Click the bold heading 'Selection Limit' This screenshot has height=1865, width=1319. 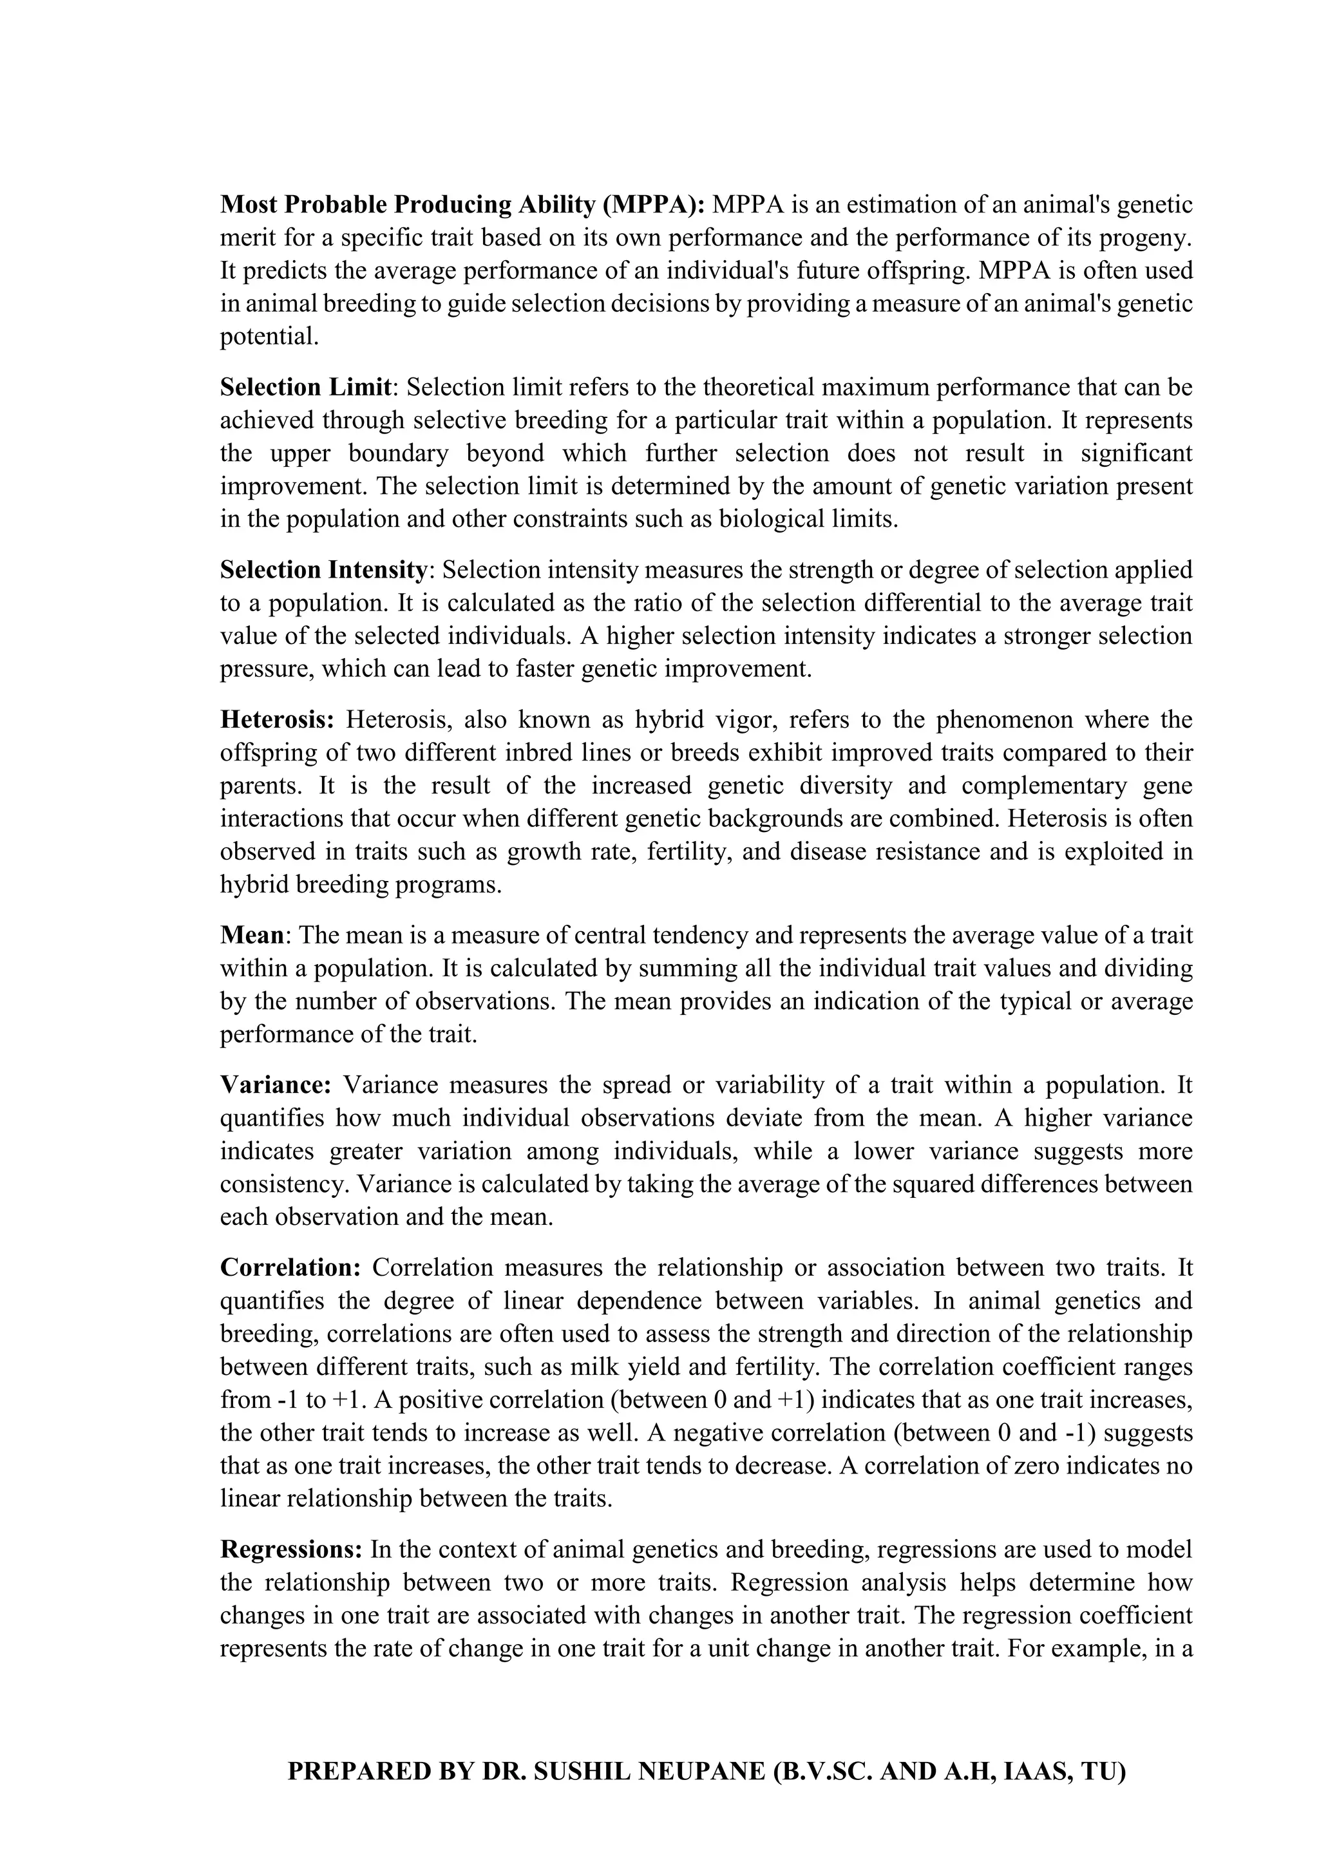tap(305, 388)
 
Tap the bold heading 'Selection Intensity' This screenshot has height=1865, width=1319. tap(323, 570)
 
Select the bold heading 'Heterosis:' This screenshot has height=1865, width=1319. tap(277, 720)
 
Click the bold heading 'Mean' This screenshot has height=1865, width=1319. tap(252, 935)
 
